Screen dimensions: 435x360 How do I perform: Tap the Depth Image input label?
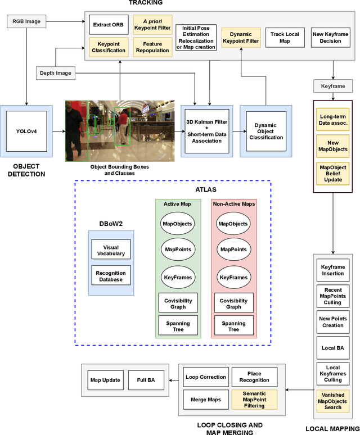pyautogui.click(x=55, y=72)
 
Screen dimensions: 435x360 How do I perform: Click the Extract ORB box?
pyautogui.click(x=109, y=25)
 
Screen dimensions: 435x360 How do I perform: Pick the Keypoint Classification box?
pyautogui.click(x=109, y=47)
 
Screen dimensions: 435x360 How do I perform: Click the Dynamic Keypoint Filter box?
pyautogui.click(x=241, y=37)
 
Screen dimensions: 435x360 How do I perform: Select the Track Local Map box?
pyautogui.click(x=285, y=37)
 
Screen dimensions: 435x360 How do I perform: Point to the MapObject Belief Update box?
pyautogui.click(x=332, y=174)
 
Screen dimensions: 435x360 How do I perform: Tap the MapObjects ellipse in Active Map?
pyautogui.click(x=177, y=223)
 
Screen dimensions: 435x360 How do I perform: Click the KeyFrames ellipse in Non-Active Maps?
pyautogui.click(x=233, y=277)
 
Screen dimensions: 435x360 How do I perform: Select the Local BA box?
pyautogui.click(x=332, y=348)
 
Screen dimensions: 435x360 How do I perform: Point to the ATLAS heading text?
pyautogui.click(x=173, y=190)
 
